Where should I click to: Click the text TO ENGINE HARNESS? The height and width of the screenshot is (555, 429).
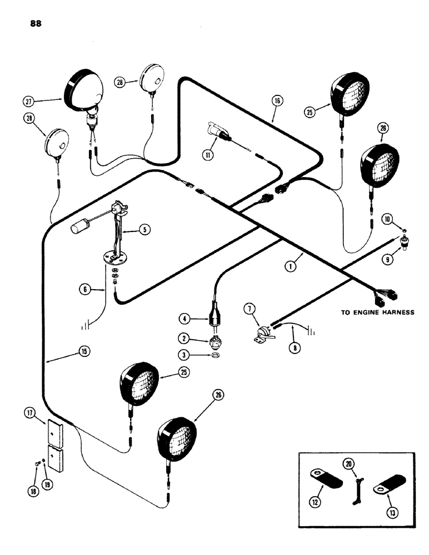pos(377,312)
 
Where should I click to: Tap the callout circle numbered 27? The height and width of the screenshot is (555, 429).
pos(29,101)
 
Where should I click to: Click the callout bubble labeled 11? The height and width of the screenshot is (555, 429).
pos(208,156)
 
